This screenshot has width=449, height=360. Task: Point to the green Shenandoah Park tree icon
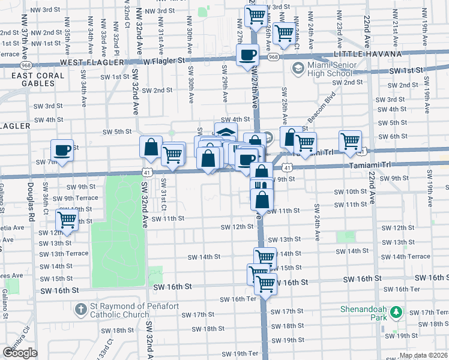(x=396, y=312)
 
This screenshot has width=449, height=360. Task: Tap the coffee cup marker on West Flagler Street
(x=247, y=55)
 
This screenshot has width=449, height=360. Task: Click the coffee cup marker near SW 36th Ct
(x=61, y=149)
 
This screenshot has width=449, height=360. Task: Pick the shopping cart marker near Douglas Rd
(x=67, y=219)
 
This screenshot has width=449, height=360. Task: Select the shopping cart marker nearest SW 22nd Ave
(x=351, y=141)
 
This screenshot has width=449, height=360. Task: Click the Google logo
(x=20, y=353)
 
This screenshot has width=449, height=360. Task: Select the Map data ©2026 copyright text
(x=423, y=356)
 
